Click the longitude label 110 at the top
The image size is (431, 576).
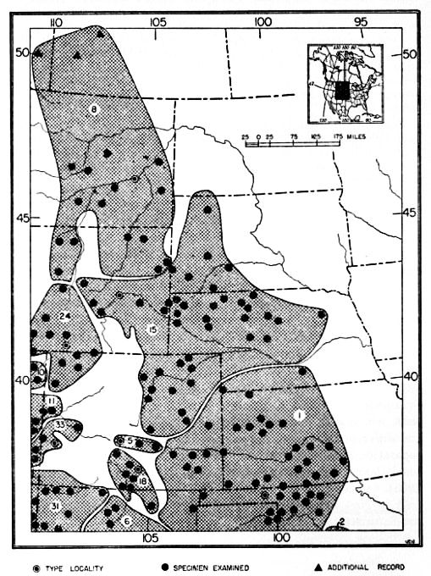56,21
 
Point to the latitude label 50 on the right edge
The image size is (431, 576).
411,53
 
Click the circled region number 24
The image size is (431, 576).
64,317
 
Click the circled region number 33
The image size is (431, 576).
59,424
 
